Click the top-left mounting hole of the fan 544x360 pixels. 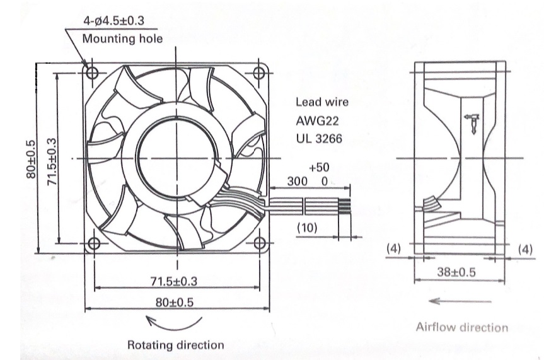pos(93,73)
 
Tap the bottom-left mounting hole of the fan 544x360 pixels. pos(93,243)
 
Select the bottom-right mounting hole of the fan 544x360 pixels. pos(259,243)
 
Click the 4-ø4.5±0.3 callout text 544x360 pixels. pos(114,20)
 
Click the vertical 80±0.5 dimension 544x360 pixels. pos(30,158)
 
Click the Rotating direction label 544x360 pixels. pos(175,345)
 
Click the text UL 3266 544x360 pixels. pos(319,138)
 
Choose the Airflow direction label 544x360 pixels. pos(461,327)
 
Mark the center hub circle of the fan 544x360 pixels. pos(175,157)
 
